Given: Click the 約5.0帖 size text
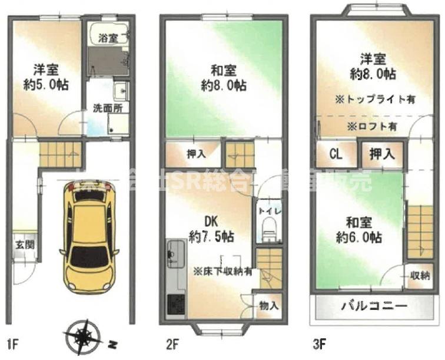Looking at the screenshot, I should point(45,85).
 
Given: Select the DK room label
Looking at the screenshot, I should point(211,222).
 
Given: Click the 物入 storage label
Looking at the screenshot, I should point(268,306).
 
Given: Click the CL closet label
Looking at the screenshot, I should point(336,155).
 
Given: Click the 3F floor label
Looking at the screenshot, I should point(321,343).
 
